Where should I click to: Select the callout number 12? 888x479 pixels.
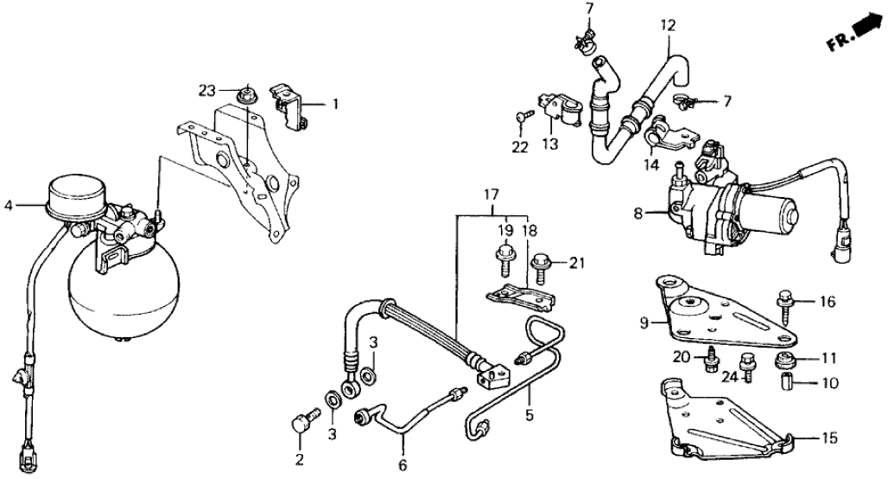point(667,26)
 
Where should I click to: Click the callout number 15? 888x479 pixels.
point(828,439)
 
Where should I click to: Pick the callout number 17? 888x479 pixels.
point(492,195)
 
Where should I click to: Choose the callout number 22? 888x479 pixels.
point(518,148)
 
